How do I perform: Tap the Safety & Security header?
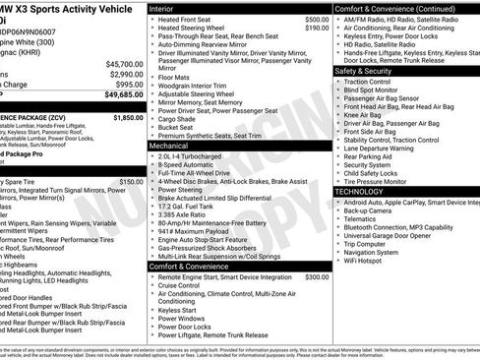click(x=370, y=71)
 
